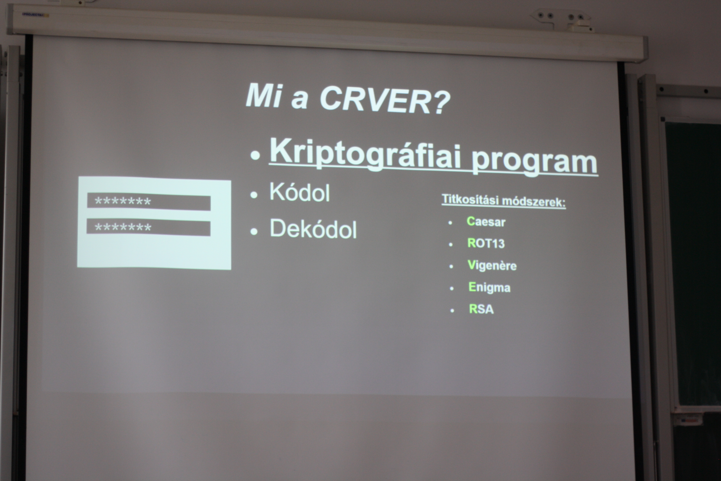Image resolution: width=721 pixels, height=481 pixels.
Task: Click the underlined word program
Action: tap(534, 161)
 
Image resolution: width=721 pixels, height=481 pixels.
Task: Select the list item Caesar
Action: tap(486, 222)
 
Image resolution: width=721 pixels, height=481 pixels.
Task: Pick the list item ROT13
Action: tap(486, 243)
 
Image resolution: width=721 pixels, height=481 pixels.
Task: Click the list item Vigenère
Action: tap(492, 265)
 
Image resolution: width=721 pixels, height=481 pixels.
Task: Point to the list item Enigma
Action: tap(489, 287)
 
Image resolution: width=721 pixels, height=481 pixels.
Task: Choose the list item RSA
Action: tap(481, 309)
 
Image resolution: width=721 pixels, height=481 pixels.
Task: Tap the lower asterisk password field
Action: tap(148, 228)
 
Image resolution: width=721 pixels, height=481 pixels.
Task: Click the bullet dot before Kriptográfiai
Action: tap(255, 155)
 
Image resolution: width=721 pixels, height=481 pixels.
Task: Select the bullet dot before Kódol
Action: tap(254, 195)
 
